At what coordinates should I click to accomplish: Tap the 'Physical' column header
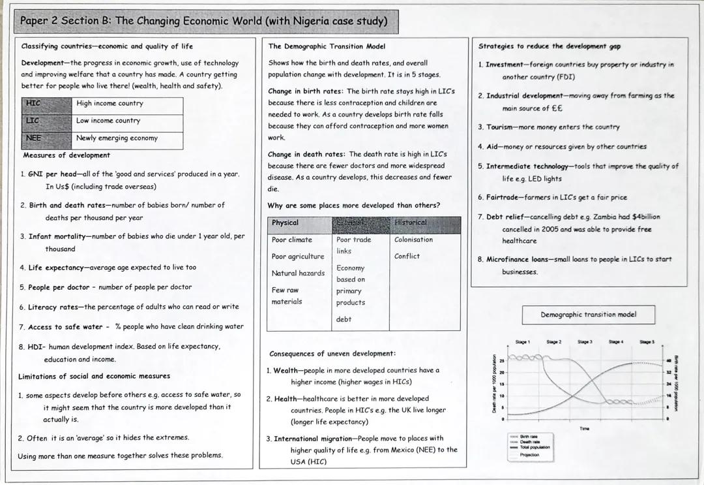click(286, 223)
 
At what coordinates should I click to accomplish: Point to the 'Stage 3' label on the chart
click(585, 342)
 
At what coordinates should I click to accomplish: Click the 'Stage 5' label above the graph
click(647, 342)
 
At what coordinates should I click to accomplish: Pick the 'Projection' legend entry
click(529, 454)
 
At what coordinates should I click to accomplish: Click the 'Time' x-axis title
click(584, 428)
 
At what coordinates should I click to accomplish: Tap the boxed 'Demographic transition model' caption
click(588, 315)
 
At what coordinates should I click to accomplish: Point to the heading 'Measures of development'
click(66, 155)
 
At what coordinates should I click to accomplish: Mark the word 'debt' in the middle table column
click(344, 319)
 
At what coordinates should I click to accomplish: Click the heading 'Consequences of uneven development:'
click(332, 354)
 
